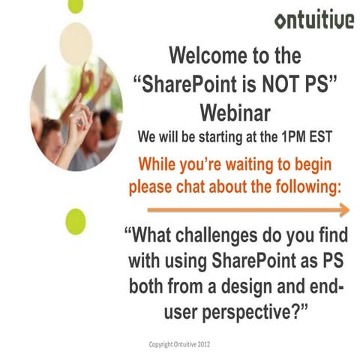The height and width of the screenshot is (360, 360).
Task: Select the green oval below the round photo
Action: pos(76,222)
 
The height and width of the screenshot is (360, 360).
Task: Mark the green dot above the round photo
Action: pos(75,6)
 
